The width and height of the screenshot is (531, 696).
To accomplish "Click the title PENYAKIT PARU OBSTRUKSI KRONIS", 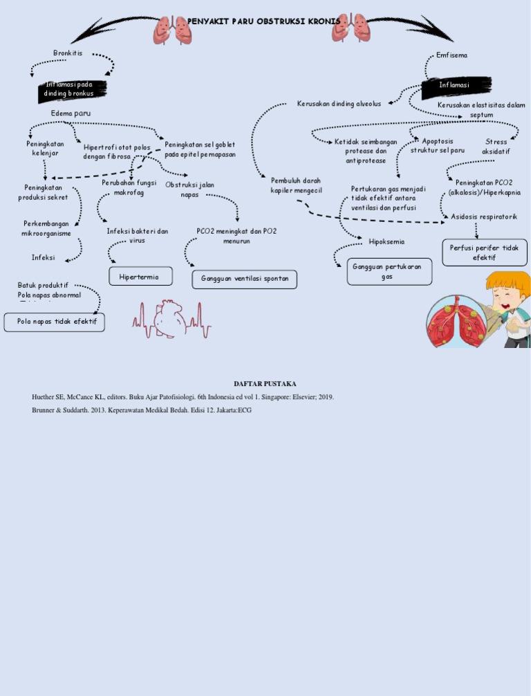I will [x=264, y=21].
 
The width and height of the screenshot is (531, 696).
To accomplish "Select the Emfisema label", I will [x=451, y=55].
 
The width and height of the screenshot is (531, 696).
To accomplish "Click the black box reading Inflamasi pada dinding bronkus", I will [x=72, y=89].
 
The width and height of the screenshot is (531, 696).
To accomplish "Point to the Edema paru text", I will [x=71, y=113].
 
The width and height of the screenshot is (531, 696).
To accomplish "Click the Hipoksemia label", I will [x=387, y=241].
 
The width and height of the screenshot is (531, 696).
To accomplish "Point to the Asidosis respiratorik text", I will [x=484, y=217].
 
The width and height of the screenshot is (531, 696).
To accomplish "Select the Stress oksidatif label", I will [x=496, y=146].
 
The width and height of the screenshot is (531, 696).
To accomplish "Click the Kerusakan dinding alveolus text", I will [x=339, y=104].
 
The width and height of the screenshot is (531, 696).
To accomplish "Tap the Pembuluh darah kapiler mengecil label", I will [x=297, y=185].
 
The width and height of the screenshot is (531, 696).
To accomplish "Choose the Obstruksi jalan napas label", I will [x=189, y=190].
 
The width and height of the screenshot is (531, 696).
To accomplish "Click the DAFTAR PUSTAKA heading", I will [x=265, y=383].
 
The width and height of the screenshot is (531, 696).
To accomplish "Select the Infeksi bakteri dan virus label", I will [x=138, y=235].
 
